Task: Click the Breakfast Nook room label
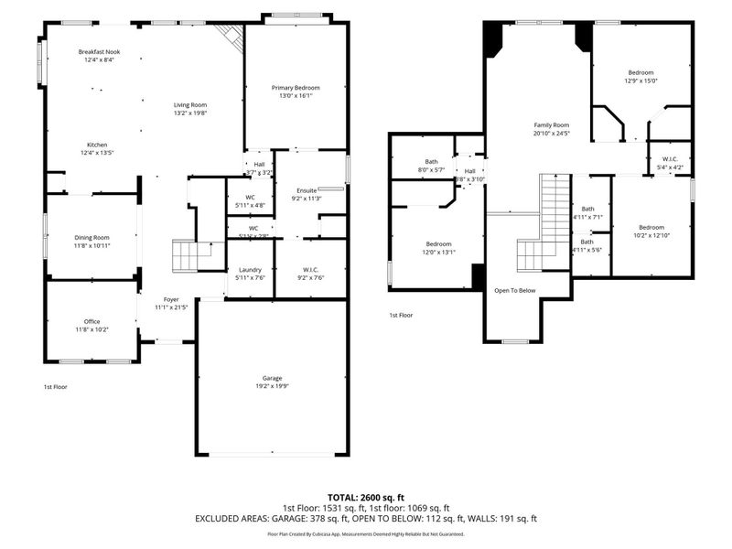[x=99, y=52]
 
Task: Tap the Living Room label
[x=190, y=105]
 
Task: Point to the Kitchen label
[x=97, y=145]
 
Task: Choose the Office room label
[x=91, y=321]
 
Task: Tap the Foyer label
[x=171, y=299]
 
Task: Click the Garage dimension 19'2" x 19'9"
[x=272, y=386]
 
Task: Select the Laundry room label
[x=250, y=270]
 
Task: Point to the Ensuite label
[x=305, y=189]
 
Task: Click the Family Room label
[x=552, y=124]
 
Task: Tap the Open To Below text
[x=515, y=290]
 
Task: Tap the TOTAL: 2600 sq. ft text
[x=365, y=497]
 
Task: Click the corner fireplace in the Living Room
[x=230, y=37]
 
